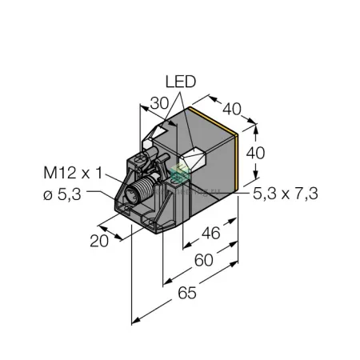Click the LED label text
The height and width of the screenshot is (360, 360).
[x=181, y=82]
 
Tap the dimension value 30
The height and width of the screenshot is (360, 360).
[x=160, y=103]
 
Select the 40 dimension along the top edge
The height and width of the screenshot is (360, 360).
[x=232, y=109]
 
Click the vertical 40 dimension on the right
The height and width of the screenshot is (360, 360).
[x=255, y=153]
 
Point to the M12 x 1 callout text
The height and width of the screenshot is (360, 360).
[x=73, y=173]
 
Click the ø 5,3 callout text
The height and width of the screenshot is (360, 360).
[x=62, y=194]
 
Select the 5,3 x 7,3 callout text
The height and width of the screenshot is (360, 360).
[x=286, y=194]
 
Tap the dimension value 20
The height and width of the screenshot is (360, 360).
[x=99, y=241]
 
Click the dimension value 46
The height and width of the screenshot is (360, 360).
[x=211, y=233]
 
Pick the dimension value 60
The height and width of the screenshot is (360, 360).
[x=204, y=260]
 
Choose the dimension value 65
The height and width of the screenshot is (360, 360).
[x=187, y=293]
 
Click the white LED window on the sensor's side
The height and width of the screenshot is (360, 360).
[x=194, y=159]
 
